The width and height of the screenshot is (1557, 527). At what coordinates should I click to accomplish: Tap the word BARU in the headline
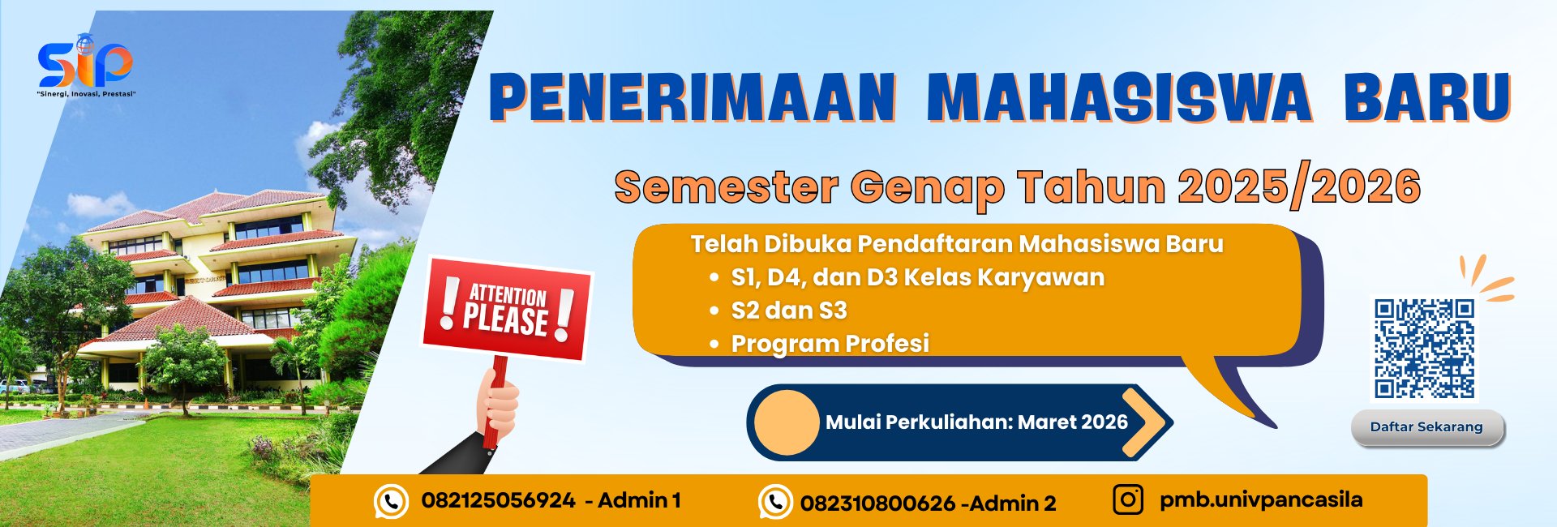point(1426,98)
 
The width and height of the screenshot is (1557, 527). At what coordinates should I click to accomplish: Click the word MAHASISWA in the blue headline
point(1118,98)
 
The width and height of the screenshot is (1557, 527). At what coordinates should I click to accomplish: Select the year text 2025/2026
point(1298,186)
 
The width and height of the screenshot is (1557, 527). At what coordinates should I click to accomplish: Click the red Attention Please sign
point(508,309)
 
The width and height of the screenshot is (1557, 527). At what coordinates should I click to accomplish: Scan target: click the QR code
point(1424,349)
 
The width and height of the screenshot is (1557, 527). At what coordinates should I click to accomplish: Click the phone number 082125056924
point(498,500)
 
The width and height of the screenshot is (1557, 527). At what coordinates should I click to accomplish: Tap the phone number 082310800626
point(877,503)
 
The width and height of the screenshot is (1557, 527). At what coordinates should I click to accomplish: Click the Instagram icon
point(1127,499)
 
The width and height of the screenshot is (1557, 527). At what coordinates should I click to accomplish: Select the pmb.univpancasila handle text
point(1260,499)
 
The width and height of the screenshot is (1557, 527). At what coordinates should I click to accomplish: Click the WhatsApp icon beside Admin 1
point(391,502)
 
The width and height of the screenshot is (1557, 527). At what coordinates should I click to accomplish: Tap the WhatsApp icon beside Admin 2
point(775,502)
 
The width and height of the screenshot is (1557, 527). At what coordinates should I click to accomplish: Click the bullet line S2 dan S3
point(788,311)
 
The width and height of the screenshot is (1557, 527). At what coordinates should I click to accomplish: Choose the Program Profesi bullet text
point(830,344)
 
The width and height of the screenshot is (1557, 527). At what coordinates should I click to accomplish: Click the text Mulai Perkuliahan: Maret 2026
point(976,422)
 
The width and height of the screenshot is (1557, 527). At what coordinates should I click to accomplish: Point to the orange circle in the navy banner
point(786,422)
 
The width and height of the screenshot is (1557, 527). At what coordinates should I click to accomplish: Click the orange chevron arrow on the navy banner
point(1148,422)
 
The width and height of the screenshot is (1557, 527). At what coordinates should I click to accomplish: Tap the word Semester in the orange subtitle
point(726,187)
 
